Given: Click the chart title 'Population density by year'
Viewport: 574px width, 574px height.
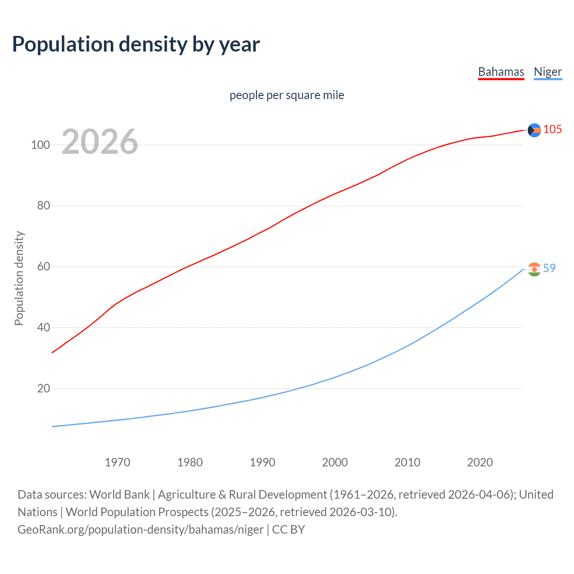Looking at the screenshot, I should coord(136,44).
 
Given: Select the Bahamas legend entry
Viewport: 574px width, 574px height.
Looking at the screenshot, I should coord(501,72).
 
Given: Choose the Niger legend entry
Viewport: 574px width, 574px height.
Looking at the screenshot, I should coord(548,72).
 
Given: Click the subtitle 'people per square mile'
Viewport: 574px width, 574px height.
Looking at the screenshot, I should coord(287,96).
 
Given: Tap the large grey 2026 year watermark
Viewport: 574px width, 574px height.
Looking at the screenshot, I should coord(100,142).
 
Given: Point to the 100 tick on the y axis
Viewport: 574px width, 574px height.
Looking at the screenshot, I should coord(40,145).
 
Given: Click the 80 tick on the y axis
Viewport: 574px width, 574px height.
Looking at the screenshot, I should coord(43,206).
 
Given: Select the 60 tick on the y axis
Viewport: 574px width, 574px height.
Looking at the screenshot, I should coord(43,267).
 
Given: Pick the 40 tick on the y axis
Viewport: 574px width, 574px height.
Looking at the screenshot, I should coord(43,328).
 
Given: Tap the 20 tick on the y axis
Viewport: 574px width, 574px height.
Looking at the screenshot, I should coord(43,388).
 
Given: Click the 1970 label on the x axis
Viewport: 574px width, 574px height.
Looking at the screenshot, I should coord(117,462).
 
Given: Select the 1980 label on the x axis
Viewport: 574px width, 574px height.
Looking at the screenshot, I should coord(190,462).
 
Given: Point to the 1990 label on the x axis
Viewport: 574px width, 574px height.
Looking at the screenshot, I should coord(262,462).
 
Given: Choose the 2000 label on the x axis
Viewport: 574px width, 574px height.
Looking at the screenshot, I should coord(335,462).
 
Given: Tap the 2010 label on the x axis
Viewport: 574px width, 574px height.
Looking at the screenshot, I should coord(407,462).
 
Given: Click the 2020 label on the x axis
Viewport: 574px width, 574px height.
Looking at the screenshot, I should coord(480,462).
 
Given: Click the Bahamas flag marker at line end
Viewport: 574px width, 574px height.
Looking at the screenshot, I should coord(534,130).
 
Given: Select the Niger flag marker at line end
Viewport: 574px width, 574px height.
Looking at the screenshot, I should coord(534,269).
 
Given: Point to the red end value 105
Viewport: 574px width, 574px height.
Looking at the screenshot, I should coord(552,130).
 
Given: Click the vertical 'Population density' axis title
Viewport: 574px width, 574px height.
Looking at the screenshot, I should coord(19,278).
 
